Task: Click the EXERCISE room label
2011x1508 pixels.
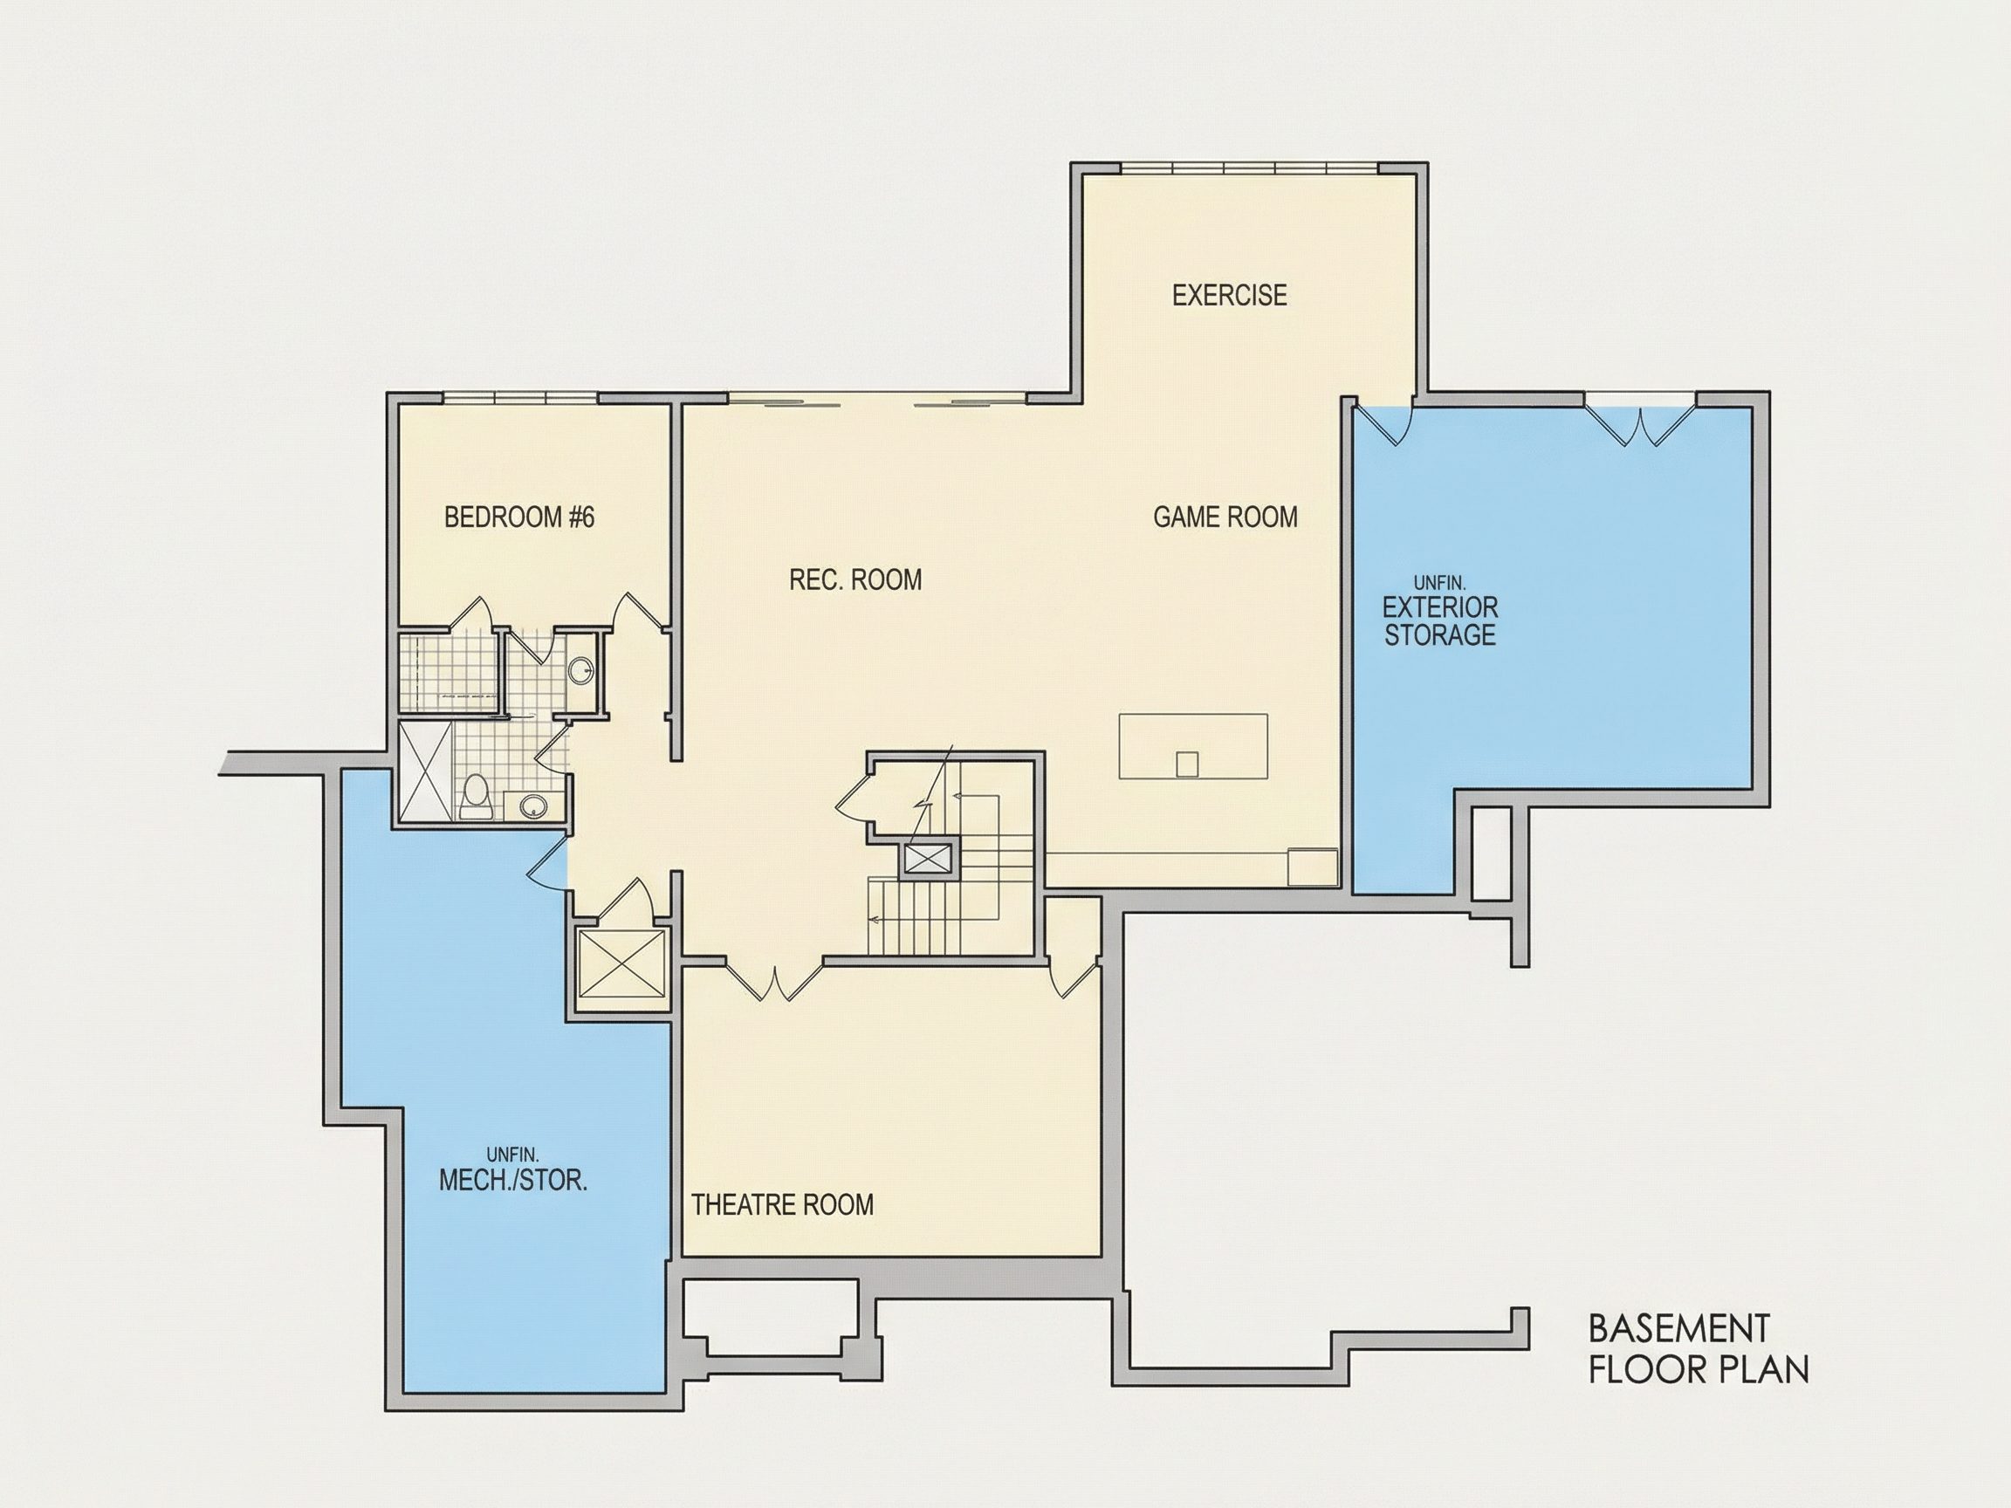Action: click(x=1229, y=296)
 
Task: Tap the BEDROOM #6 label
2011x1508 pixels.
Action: click(x=519, y=518)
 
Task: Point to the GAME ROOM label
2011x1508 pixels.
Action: click(x=1225, y=518)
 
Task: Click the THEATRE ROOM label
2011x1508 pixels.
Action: click(x=782, y=1205)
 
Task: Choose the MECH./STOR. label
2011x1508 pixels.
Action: click(x=512, y=1181)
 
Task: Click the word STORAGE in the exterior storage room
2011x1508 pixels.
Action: click(x=1440, y=635)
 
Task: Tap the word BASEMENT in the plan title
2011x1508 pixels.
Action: click(x=1679, y=1329)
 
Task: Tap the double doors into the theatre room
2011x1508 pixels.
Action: click(x=773, y=982)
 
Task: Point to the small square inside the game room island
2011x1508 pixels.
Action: click(x=1186, y=764)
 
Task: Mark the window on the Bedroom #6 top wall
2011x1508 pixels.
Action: click(x=520, y=398)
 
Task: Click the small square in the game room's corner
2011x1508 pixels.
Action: click(x=1313, y=867)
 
